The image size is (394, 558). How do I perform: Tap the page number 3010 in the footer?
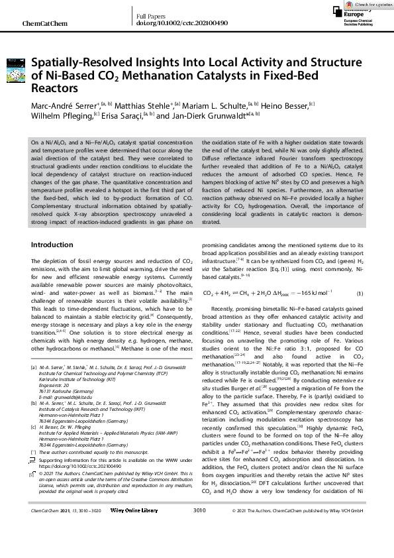tap(199, 548)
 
